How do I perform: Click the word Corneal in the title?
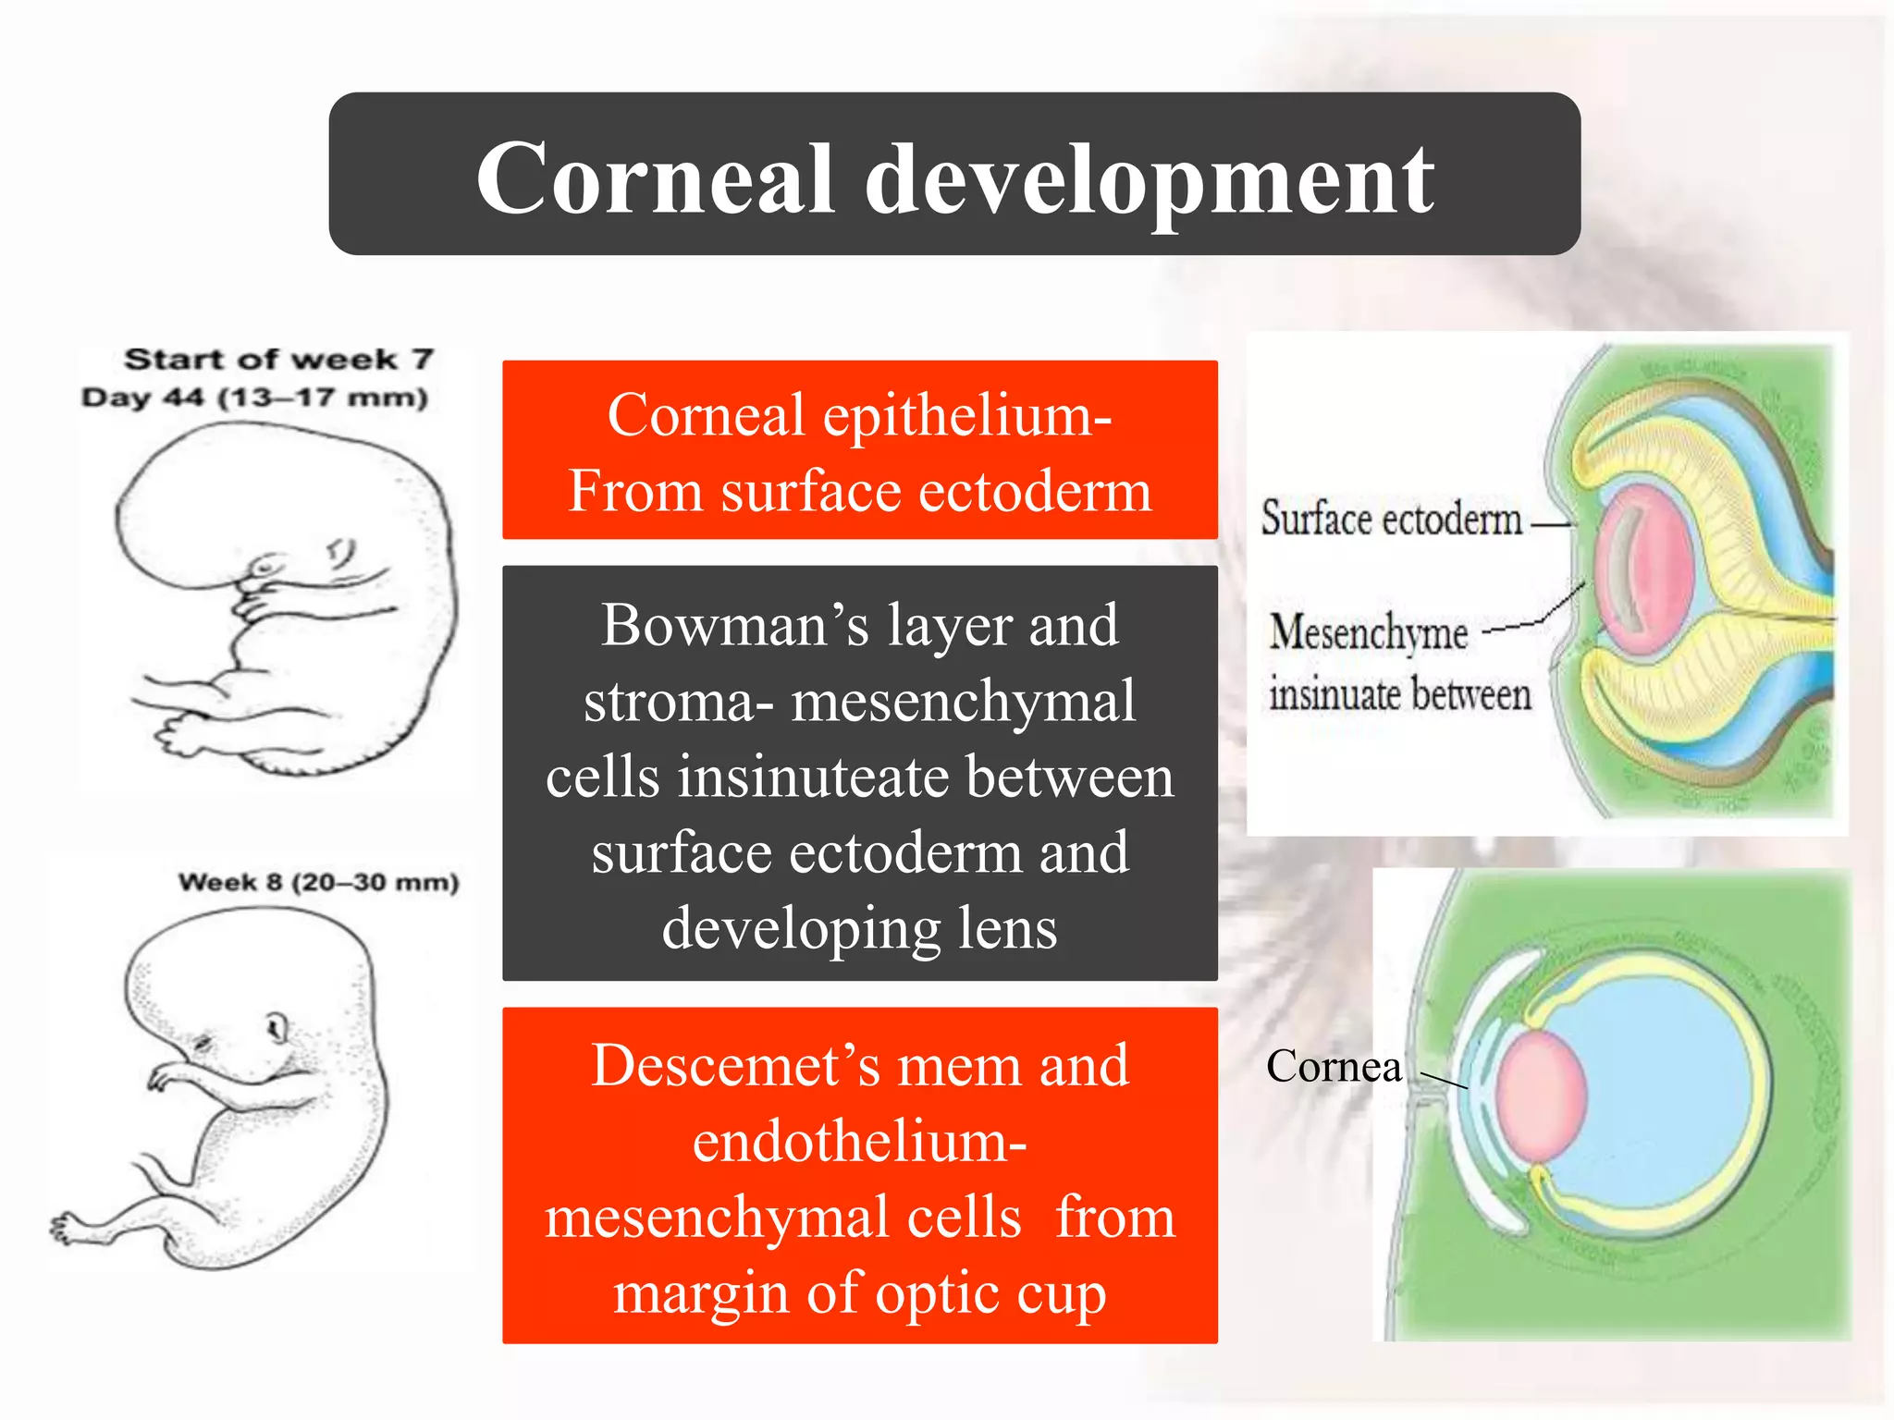[655, 179]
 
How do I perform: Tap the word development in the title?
[1149, 181]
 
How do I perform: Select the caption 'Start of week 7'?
[278, 359]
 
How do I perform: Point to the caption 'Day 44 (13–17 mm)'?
[254, 398]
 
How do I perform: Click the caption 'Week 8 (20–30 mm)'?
[318, 882]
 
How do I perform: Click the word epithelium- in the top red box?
[967, 417]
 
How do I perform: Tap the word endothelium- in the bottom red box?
[859, 1142]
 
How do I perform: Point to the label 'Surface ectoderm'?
[1391, 518]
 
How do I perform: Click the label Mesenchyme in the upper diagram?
[1369, 633]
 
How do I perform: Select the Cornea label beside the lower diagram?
[1333, 1067]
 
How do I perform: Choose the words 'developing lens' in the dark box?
[859, 928]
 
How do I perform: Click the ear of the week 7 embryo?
[341, 553]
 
